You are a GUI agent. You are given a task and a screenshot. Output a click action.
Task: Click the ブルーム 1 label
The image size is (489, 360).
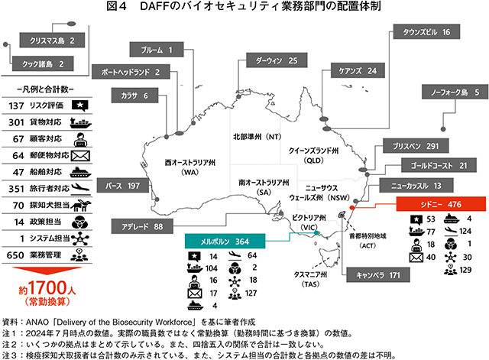[157, 50]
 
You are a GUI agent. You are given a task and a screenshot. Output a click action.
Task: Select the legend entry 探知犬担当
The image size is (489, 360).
[51, 205]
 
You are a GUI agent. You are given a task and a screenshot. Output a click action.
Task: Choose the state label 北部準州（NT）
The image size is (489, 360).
[257, 136]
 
